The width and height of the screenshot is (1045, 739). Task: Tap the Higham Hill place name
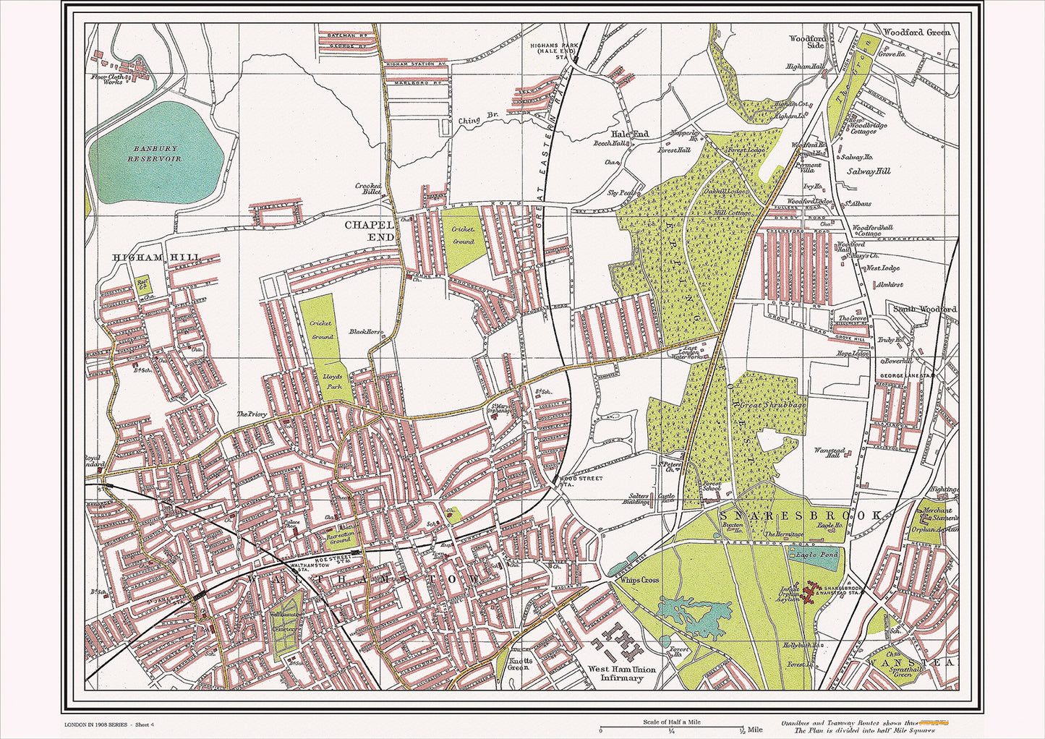point(155,257)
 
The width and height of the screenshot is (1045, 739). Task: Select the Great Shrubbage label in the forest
point(772,409)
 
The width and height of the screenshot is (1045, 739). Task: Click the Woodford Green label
point(916,33)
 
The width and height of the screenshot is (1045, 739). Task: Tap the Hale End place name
point(629,134)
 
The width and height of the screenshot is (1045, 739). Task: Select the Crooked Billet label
point(368,189)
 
